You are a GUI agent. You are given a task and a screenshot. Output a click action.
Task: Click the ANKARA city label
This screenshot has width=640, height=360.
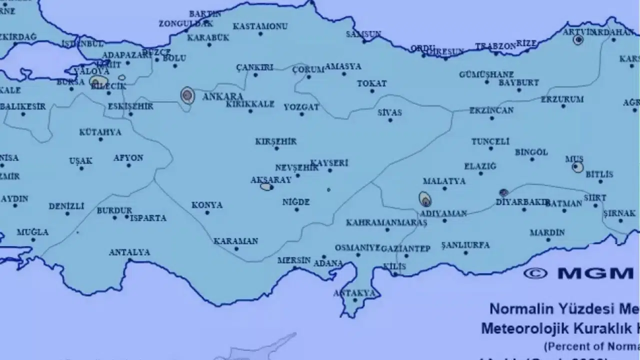[x=222, y=96]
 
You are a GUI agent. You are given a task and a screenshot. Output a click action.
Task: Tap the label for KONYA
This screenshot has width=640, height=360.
[x=207, y=205]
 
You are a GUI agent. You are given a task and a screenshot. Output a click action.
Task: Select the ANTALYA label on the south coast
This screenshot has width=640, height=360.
[x=129, y=252]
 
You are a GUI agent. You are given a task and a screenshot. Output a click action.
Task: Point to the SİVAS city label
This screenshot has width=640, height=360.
[x=390, y=112]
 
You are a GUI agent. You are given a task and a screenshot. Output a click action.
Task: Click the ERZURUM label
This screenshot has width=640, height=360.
[x=562, y=99]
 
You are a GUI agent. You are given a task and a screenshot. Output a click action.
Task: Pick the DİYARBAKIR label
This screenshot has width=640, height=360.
[x=522, y=202]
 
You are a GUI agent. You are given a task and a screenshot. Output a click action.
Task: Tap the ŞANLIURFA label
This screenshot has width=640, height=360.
[x=465, y=245]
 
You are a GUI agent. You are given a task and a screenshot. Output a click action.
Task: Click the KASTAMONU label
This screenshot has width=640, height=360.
[x=260, y=26]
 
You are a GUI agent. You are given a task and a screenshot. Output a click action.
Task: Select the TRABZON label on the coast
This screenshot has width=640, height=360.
[x=495, y=46]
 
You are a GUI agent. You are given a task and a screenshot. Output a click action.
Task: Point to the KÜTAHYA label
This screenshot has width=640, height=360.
[x=100, y=132]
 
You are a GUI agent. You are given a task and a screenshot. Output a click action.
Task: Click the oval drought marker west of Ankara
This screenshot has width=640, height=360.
[x=187, y=94]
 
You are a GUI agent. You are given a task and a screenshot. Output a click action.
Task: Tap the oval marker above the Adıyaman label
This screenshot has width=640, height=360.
[x=425, y=199]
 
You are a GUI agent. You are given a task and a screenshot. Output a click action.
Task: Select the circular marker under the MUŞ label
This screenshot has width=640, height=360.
[x=577, y=166]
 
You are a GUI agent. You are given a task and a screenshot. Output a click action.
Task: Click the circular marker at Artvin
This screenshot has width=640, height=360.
[x=578, y=39]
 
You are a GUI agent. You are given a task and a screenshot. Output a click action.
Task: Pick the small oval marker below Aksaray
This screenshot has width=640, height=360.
[x=266, y=187]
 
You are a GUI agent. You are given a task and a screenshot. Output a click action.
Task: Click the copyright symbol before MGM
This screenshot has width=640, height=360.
[x=535, y=273]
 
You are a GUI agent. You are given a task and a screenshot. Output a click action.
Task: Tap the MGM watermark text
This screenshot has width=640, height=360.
[x=595, y=273]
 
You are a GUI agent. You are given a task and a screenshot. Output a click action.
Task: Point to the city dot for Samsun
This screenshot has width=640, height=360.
[x=364, y=41]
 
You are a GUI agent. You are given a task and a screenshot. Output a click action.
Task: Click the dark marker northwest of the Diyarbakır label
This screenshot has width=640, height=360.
[x=503, y=192]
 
